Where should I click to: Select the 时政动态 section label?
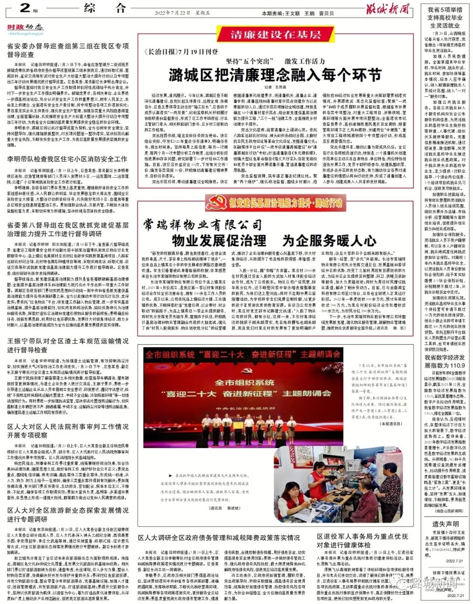coord(25,27)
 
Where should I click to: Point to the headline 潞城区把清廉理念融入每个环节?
coord(275,75)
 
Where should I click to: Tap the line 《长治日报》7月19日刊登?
coord(181,52)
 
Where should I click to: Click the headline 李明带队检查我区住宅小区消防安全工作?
coord(67,159)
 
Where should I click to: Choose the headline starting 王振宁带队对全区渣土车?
coord(68,345)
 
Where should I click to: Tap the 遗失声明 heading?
coord(445,524)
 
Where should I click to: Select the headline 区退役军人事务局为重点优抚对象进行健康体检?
coord(363,541)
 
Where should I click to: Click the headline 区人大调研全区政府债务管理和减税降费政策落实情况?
coord(219,537)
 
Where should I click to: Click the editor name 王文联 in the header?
coord(292,14)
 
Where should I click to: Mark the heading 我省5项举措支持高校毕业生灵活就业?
coord(445,18)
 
